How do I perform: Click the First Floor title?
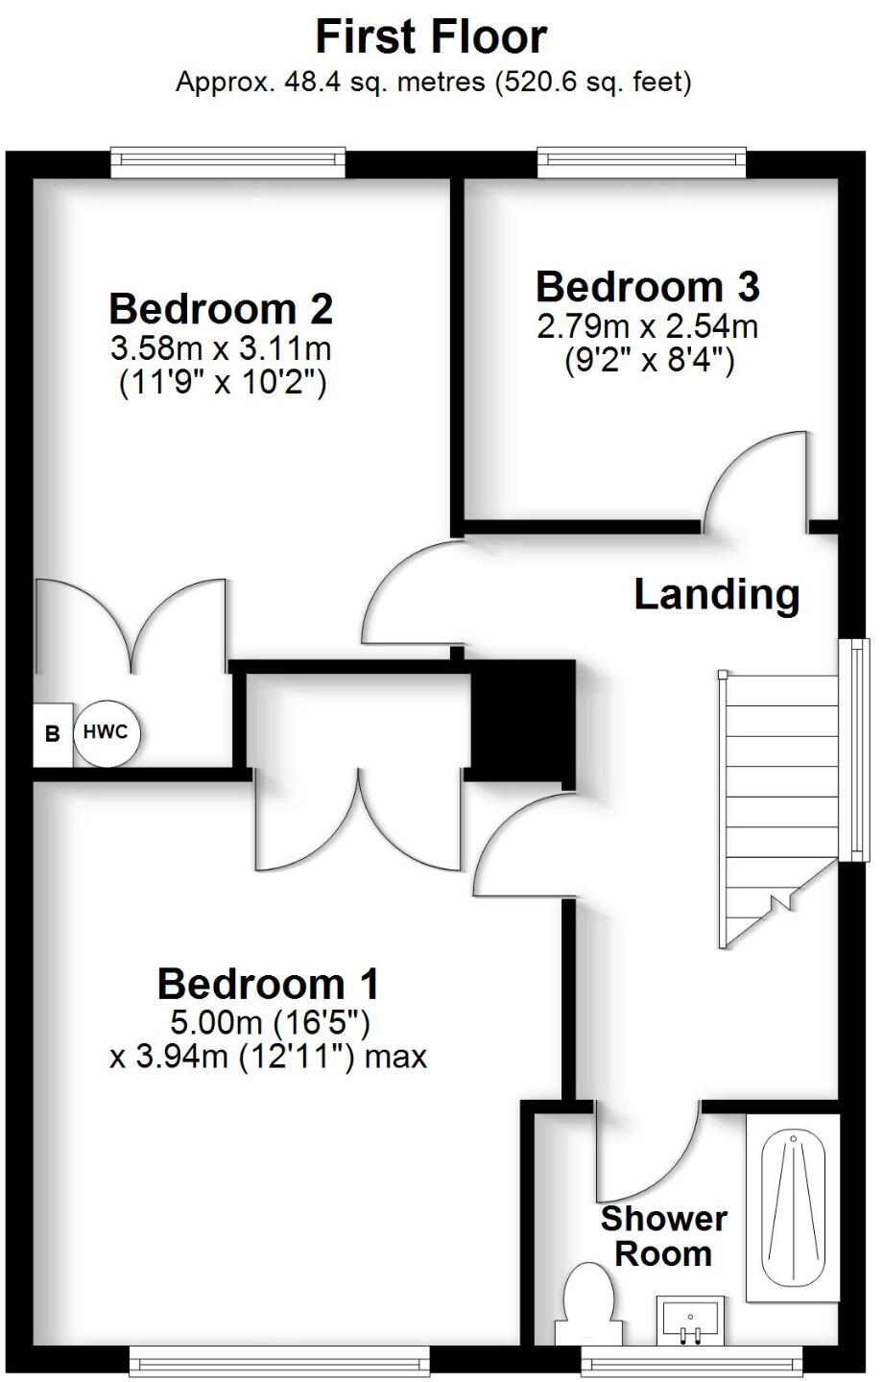pyautogui.click(x=432, y=36)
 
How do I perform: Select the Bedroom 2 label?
pyautogui.click(x=221, y=309)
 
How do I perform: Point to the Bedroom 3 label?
pyautogui.click(x=648, y=287)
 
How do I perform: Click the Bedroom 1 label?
pyautogui.click(x=268, y=984)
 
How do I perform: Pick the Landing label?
pyautogui.click(x=717, y=595)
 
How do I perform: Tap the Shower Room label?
pyautogui.click(x=663, y=1236)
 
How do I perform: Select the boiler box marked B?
pyautogui.click(x=53, y=734)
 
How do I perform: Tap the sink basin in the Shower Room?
pyautogui.click(x=690, y=1320)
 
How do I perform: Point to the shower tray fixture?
pyautogui.click(x=793, y=1207)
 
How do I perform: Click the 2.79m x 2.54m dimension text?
pyautogui.click(x=648, y=326)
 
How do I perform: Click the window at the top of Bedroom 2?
pyautogui.click(x=227, y=162)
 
